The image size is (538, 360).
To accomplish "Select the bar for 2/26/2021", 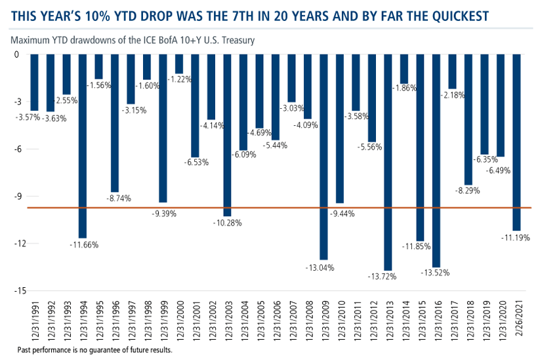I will click(516, 142).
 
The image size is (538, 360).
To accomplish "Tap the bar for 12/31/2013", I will click(388, 162).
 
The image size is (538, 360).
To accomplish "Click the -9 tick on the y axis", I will click(19, 196).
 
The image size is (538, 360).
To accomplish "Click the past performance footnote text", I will click(94, 350).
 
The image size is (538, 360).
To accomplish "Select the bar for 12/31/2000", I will click(179, 64).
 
